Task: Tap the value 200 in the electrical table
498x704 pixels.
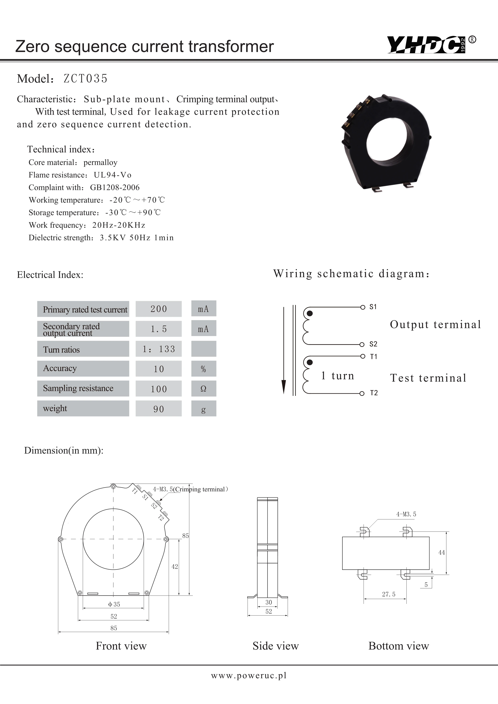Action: click(x=159, y=309)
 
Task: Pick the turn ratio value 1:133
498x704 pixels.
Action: click(x=159, y=349)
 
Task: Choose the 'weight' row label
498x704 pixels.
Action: click(x=55, y=409)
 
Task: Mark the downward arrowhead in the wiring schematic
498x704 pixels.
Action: click(x=284, y=387)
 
